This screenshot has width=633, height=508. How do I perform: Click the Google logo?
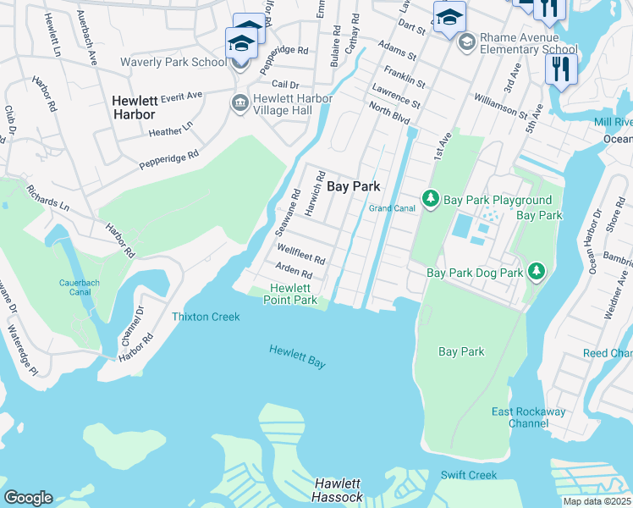[28, 498]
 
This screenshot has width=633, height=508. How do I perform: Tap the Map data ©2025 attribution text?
[597, 501]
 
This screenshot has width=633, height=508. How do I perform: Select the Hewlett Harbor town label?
[134, 108]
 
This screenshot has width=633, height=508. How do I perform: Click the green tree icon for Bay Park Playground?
[431, 198]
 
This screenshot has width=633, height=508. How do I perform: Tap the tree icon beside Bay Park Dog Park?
[535, 271]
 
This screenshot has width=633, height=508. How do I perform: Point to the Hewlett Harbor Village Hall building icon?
[239, 102]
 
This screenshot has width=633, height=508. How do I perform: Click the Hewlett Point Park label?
[290, 294]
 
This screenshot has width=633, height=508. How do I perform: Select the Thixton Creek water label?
[206, 317]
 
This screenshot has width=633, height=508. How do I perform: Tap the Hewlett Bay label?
[297, 356]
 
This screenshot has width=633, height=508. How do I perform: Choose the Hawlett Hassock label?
[339, 490]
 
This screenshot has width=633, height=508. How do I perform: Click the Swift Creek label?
[469, 475]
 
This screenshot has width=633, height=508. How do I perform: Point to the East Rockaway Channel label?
[530, 417]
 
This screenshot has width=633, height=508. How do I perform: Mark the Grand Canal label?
[390, 208]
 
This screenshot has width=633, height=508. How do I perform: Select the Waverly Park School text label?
[173, 63]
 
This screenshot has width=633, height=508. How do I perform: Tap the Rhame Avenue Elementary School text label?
[529, 43]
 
